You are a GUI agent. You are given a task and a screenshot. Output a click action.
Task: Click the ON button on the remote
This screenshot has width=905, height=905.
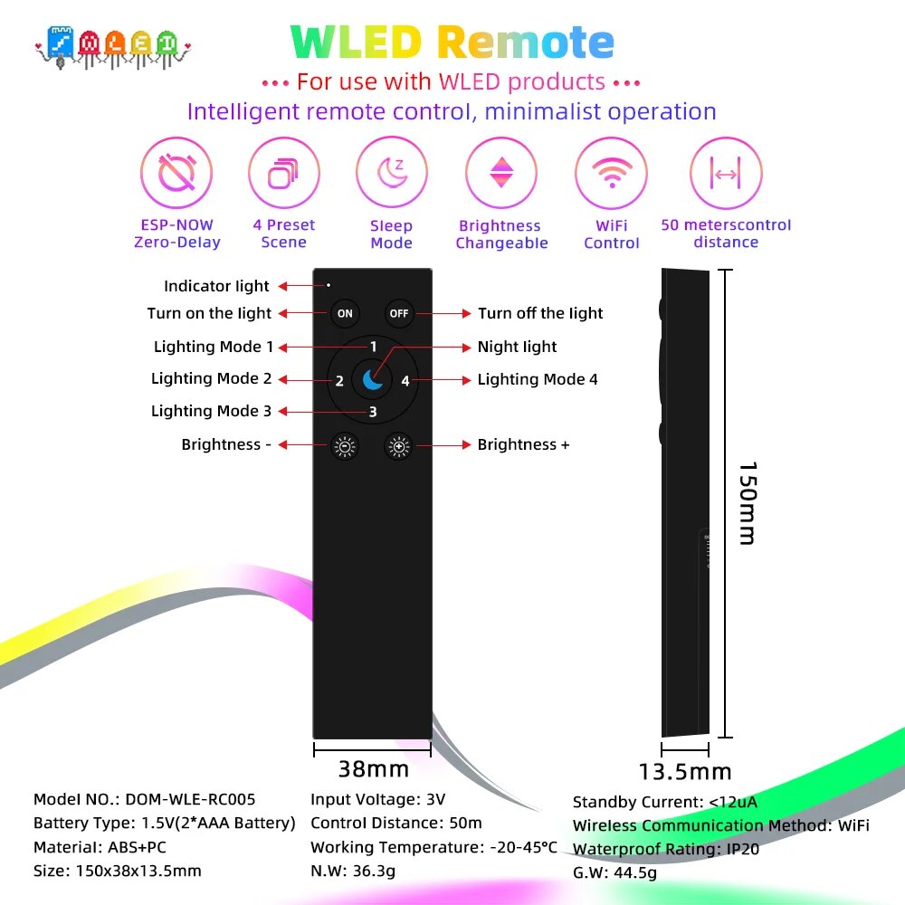345,314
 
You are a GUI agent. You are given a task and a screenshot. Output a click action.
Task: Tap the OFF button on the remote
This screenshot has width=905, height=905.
399,314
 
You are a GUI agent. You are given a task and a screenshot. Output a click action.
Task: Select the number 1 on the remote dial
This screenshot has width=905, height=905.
373,347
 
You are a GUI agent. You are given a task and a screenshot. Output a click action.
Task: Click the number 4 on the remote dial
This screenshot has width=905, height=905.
405,381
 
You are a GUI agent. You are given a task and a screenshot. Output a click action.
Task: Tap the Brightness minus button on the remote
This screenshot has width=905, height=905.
345,445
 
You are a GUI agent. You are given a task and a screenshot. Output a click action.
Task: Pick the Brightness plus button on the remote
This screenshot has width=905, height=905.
399,445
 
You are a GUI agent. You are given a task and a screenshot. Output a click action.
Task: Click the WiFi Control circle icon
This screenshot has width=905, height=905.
611,173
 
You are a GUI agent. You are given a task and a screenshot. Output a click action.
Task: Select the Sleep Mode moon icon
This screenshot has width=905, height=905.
392,173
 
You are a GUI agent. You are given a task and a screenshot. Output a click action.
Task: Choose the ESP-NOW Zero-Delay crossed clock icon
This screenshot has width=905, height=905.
176,173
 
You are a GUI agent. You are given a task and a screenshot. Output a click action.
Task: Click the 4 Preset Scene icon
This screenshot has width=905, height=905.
283,173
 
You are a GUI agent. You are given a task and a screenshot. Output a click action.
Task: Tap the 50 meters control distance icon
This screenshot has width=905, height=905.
726,173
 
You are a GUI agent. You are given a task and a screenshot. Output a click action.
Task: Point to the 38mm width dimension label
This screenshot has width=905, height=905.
373,770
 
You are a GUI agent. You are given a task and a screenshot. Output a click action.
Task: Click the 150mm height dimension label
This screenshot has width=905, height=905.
748,503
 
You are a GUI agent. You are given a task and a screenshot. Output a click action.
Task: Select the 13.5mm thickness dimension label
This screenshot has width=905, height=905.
685,772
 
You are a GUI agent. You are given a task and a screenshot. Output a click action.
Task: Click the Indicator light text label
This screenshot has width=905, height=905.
216,286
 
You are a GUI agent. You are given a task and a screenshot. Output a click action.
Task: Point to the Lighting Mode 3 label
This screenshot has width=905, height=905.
211,411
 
